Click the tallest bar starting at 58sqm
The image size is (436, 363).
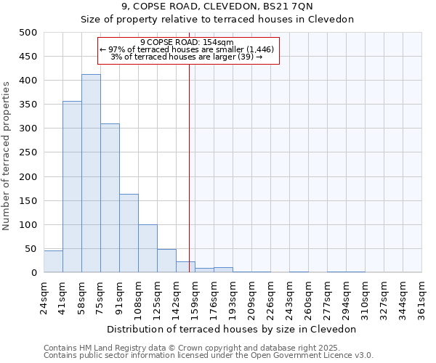click(x=91, y=174)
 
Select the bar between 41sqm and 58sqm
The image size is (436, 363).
click(x=72, y=187)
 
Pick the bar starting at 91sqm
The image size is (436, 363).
click(x=129, y=233)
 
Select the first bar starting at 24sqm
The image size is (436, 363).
click(x=53, y=261)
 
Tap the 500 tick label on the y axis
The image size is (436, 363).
click(x=28, y=33)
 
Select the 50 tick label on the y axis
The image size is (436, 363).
click(x=31, y=249)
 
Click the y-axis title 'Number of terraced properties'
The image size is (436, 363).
click(x=7, y=156)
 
